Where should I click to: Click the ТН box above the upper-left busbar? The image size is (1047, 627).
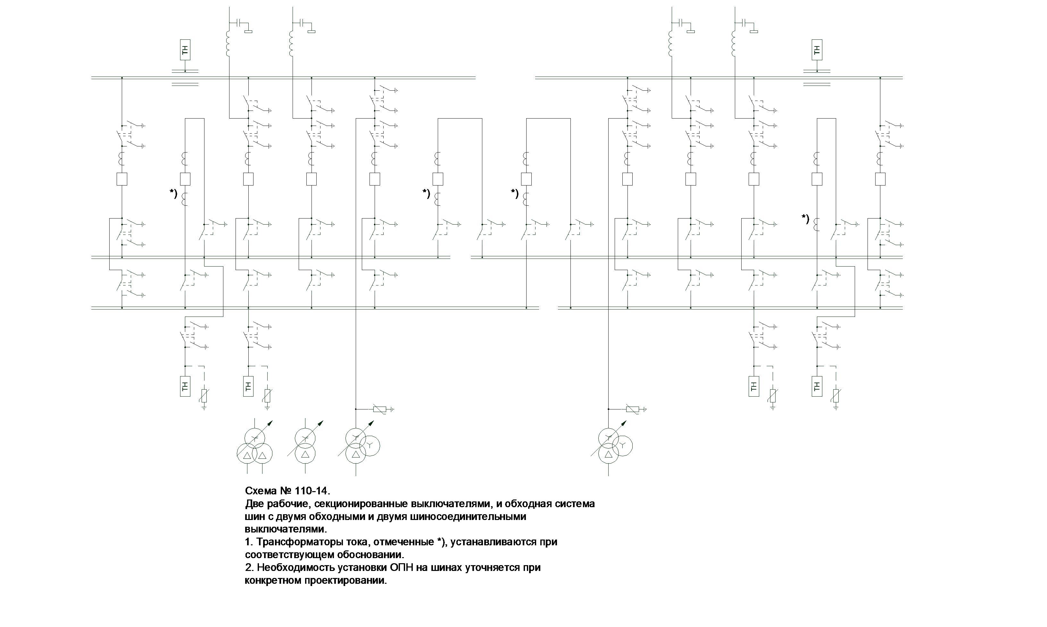coord(185,50)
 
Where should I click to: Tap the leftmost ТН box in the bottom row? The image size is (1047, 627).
coord(185,386)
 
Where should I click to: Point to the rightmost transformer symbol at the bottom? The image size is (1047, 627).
coord(612,446)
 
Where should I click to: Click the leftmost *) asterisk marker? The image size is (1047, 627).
coord(174,194)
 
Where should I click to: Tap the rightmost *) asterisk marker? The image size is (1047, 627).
coord(805,219)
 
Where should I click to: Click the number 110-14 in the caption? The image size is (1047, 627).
coord(311,491)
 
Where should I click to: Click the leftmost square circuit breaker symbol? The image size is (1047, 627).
coord(122,179)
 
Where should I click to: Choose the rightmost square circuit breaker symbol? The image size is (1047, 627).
coord(880,179)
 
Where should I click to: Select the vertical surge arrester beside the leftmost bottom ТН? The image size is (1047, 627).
coord(204,396)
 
